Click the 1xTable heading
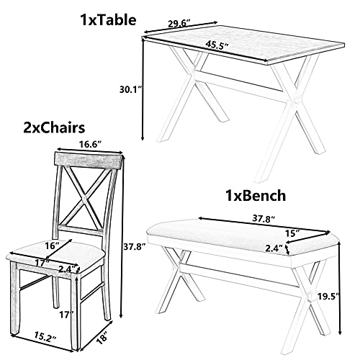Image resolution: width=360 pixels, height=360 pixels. [108, 19]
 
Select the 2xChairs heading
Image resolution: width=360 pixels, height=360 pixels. [54, 127]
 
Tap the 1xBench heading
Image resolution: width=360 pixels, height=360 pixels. [256, 196]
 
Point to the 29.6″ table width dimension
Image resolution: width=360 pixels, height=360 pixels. [179, 24]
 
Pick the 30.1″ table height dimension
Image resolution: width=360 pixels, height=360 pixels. [131, 89]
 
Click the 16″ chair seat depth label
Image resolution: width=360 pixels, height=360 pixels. [52, 246]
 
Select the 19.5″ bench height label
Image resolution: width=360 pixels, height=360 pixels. [328, 296]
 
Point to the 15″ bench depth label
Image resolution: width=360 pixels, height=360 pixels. [292, 233]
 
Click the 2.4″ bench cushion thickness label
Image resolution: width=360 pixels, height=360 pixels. [274, 248]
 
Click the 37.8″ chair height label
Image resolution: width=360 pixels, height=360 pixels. [135, 246]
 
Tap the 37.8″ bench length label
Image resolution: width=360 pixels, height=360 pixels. [264, 219]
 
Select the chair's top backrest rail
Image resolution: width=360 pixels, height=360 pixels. [88, 160]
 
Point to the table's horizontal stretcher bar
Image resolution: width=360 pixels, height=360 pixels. [240, 81]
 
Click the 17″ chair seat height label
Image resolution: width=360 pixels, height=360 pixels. [66, 315]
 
